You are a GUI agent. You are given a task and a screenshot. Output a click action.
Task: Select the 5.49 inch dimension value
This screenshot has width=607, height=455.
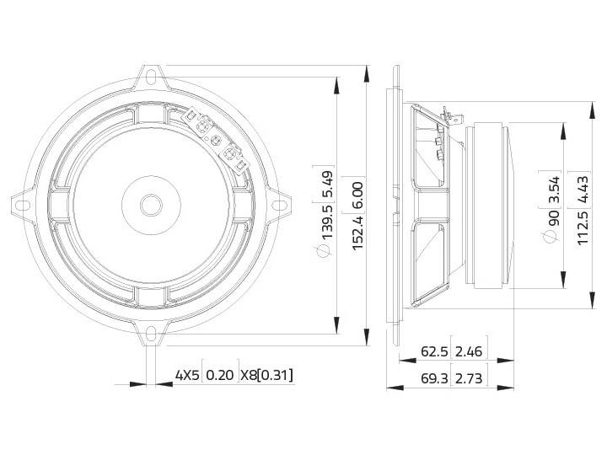pyautogui.click(x=329, y=183)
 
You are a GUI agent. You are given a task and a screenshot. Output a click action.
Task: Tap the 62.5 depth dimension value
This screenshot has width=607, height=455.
pyautogui.click(x=433, y=351)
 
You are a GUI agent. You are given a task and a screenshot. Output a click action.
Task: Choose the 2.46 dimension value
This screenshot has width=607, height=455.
pyautogui.click(x=469, y=351)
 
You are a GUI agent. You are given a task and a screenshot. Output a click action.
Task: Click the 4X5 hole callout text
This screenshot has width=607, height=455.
pyautogui.click(x=187, y=375)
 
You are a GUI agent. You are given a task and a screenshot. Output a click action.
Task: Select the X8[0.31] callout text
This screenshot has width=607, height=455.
pyautogui.click(x=266, y=375)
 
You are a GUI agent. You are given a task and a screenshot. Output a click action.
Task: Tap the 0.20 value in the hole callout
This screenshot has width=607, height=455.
pyautogui.click(x=221, y=375)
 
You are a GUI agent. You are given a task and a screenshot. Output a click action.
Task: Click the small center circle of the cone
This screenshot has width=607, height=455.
pyautogui.click(x=152, y=205)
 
